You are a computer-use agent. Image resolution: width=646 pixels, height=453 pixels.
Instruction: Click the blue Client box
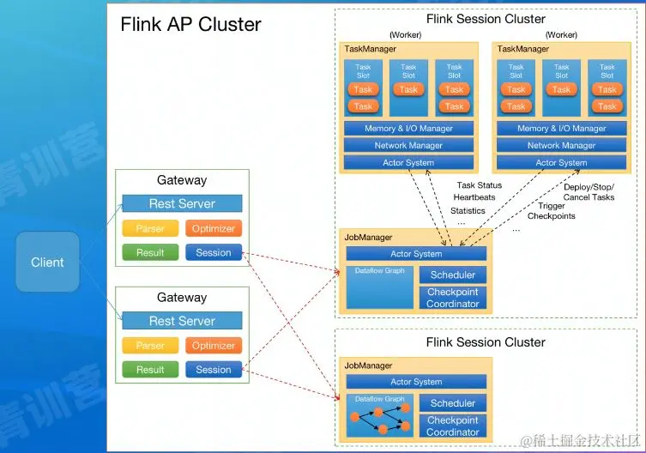tap(47, 262)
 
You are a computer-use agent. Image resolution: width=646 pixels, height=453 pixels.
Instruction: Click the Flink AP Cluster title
tap(190, 24)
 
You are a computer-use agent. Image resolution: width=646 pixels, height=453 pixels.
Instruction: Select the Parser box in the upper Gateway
tap(150, 228)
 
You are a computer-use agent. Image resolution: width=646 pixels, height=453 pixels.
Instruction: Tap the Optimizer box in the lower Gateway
tap(214, 346)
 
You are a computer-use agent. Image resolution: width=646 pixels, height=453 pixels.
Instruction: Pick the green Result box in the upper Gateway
tap(150, 252)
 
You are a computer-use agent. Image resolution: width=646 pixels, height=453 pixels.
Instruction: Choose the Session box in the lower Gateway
tap(214, 370)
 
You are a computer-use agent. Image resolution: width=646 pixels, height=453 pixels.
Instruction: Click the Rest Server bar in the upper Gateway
tap(182, 203)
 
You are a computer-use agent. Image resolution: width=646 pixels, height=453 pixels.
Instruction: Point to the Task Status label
tap(480, 185)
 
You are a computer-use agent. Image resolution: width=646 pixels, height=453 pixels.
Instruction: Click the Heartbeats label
tap(474, 197)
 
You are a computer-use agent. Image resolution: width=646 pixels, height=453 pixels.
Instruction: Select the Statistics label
tap(468, 210)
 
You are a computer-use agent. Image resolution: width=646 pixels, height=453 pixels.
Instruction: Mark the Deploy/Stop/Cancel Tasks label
tap(589, 191)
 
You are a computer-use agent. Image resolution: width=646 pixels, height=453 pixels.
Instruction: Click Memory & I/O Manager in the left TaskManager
tap(408, 129)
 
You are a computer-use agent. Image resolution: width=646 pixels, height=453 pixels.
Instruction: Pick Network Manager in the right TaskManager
tap(561, 146)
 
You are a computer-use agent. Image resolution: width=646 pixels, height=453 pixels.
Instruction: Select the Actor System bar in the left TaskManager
tap(408, 162)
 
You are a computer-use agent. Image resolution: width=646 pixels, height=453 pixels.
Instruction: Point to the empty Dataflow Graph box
tap(379, 287)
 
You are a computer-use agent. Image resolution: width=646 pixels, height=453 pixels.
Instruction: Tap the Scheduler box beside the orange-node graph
tap(452, 402)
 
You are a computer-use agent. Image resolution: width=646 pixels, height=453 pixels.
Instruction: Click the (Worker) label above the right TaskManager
tap(563, 34)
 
